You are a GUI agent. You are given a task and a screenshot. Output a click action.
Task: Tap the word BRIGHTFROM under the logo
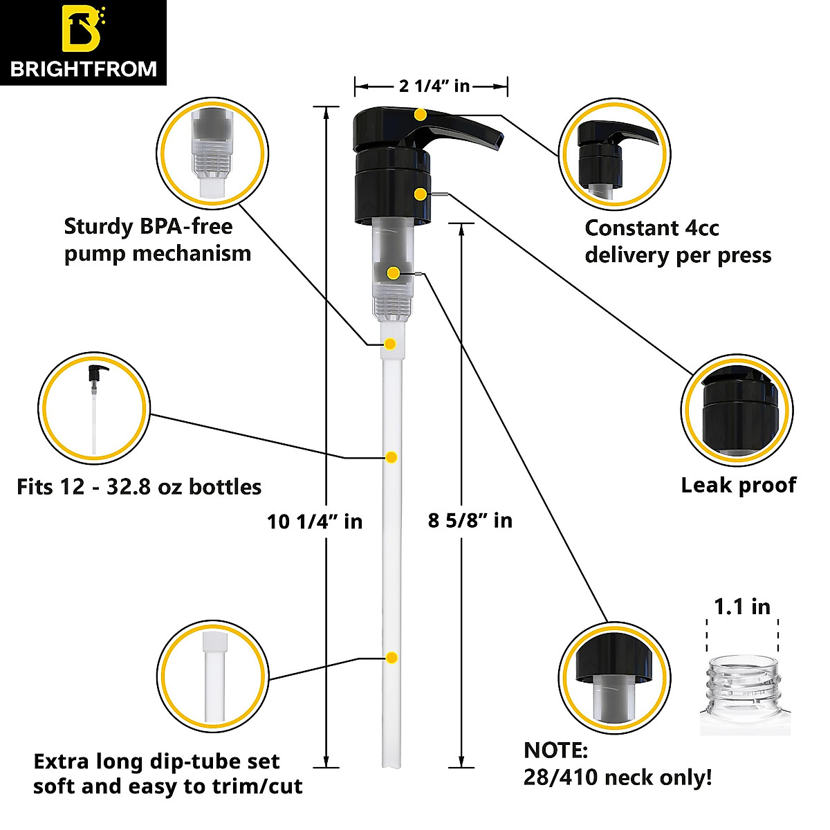pos(83,68)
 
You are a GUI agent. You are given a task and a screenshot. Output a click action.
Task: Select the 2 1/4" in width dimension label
pos(434,86)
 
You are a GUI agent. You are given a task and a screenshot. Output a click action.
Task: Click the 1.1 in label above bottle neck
pos(741,607)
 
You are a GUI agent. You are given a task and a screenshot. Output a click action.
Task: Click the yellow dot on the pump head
pos(421,114)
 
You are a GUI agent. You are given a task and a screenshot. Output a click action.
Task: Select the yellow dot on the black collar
pos(420,194)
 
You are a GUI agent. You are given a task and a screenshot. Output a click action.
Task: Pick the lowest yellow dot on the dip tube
pos(391,657)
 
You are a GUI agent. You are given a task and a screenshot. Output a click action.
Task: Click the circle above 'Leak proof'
pos(737,411)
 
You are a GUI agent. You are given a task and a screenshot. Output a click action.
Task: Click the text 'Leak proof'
pos(738,485)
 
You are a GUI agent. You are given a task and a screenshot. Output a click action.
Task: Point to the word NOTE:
pos(555,750)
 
